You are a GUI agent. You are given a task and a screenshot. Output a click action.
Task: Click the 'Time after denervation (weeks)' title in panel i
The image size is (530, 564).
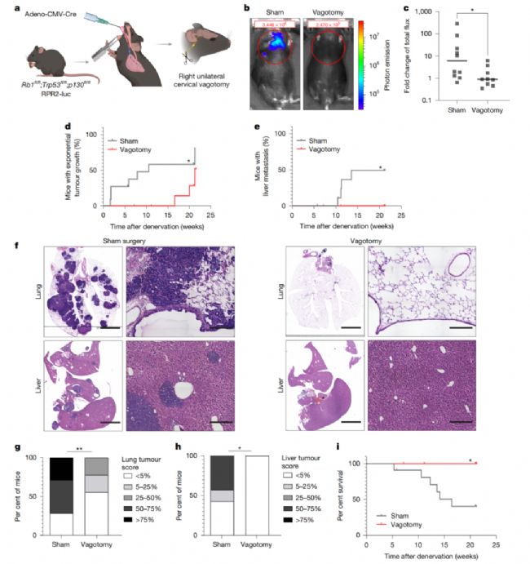(442, 556)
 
